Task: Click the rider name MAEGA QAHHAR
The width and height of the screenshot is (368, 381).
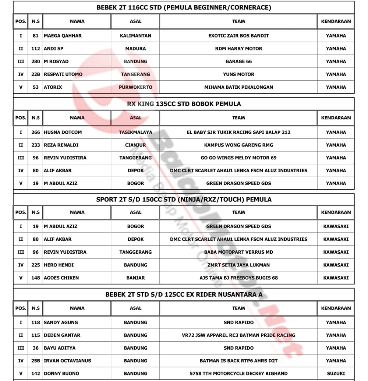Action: (63, 36)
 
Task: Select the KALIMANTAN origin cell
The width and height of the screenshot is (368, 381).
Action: (135, 36)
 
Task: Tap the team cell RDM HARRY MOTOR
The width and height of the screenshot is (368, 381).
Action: (238, 49)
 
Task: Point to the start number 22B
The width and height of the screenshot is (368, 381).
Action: (36, 74)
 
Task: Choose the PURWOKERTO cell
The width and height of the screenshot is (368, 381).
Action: (135, 87)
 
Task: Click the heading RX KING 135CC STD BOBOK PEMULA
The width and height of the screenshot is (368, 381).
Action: (184, 104)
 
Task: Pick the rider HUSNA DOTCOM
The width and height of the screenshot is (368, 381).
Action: (63, 132)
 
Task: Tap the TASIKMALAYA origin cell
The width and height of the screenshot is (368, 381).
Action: (135, 132)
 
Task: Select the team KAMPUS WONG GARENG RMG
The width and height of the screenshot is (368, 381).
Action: (238, 145)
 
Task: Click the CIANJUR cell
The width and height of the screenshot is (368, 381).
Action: (135, 145)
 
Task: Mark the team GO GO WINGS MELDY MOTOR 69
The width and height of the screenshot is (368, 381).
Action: (238, 158)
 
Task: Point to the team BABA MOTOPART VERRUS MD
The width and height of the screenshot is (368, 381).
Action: (238, 252)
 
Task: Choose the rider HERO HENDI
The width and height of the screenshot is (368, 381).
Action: (59, 265)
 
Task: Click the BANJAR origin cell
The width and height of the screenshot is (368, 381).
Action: (135, 278)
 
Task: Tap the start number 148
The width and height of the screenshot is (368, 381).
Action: (36, 278)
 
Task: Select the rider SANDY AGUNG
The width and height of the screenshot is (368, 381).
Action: (61, 322)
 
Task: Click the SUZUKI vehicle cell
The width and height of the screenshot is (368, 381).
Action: (336, 373)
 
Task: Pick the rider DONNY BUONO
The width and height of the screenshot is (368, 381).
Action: (61, 373)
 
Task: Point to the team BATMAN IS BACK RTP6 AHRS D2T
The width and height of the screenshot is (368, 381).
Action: (238, 361)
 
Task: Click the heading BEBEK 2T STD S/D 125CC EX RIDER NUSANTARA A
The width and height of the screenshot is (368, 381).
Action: (184, 294)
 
